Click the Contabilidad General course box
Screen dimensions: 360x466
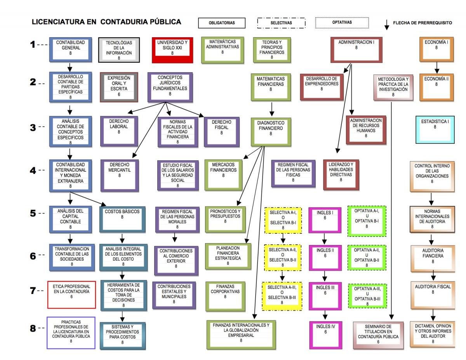coord(70,49)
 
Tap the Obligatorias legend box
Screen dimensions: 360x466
coord(222,23)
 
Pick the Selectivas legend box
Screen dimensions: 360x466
coord(281,23)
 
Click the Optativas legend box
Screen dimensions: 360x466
coord(342,23)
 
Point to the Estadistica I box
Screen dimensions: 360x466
coord(435,129)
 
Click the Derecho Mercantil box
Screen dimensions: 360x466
coord(120,175)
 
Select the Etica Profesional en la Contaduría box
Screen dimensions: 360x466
coord(71,294)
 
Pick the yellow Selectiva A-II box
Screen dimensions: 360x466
coord(283,257)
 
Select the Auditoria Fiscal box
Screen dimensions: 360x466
coord(433,294)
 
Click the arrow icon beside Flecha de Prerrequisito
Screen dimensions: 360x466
coord(386,24)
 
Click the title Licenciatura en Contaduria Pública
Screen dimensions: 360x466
coord(106,22)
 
